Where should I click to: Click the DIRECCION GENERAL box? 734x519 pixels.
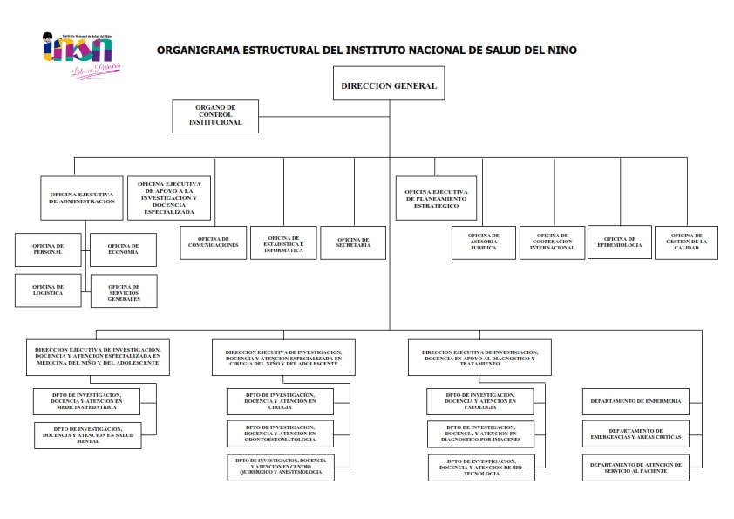(x=389, y=86)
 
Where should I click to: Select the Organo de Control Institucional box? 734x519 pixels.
(x=215, y=116)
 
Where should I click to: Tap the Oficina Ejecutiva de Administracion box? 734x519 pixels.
(x=82, y=197)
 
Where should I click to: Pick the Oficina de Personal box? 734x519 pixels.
(x=48, y=249)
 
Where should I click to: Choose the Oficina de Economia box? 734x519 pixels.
(x=123, y=249)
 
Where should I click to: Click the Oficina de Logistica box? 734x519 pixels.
(x=48, y=290)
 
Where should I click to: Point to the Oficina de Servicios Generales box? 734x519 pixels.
(x=123, y=291)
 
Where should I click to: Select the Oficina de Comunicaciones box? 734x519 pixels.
(x=213, y=242)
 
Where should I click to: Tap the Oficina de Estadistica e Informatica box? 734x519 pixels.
(x=283, y=242)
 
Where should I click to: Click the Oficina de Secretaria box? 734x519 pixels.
(x=353, y=242)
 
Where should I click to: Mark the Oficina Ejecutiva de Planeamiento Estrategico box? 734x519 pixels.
(x=436, y=198)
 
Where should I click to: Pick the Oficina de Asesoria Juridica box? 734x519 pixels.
(x=483, y=242)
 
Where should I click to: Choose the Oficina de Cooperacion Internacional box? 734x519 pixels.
(x=553, y=242)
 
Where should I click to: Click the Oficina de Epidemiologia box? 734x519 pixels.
(x=620, y=242)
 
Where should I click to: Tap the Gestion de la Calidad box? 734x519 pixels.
(x=687, y=242)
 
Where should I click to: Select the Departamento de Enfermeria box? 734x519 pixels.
(x=635, y=401)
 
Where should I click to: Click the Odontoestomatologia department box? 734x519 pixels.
(x=280, y=433)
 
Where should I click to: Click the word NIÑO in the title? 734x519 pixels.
(x=559, y=50)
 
